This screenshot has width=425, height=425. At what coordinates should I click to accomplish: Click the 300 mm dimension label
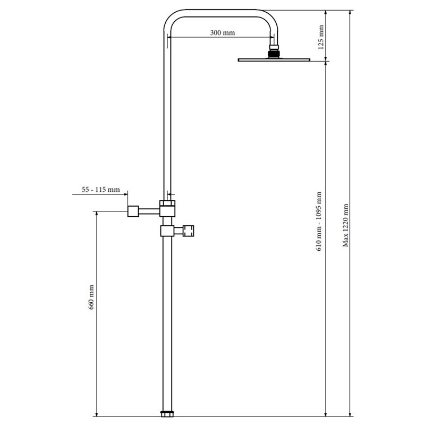point(222,33)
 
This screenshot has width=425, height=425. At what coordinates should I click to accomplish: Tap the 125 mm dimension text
point(321,37)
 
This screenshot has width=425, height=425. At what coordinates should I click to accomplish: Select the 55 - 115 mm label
point(101,190)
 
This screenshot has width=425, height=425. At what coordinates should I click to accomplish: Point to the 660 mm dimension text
point(91,297)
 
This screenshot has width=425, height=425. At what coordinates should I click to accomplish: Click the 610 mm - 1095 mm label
point(319,222)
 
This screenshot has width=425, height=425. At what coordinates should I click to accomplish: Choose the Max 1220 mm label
point(345,225)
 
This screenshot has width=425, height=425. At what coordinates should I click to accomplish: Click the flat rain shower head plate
point(274,59)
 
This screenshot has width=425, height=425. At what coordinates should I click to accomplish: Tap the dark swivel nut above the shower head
point(274,54)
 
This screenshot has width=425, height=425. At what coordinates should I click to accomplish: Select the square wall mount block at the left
point(133,211)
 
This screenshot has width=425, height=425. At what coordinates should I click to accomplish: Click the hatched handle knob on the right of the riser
point(188,231)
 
